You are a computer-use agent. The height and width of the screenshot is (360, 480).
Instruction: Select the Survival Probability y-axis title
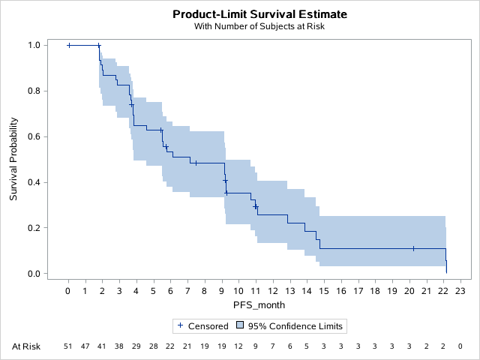(13, 159)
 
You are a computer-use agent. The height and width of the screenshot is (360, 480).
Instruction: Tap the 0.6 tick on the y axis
(33, 136)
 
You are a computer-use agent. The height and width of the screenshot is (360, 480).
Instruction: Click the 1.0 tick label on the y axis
(33, 45)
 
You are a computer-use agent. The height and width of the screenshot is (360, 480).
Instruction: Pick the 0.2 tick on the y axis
(33, 228)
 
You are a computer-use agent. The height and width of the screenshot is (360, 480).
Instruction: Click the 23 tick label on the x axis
(460, 291)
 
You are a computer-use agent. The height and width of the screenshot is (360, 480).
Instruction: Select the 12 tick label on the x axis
(272, 291)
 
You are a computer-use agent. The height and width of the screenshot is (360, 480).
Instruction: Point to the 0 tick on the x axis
(68, 291)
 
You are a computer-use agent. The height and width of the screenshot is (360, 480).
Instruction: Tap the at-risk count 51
(68, 346)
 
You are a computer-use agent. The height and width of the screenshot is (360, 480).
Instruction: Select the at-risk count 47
(85, 346)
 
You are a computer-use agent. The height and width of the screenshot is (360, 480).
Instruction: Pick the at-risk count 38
(119, 346)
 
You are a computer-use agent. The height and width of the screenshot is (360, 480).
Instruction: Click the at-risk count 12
(238, 346)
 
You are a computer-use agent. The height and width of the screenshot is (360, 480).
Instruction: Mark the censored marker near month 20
(413, 248)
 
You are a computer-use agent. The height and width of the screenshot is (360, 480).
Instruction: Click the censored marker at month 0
(69, 45)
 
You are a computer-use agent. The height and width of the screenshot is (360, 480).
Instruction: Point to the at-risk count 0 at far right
(460, 346)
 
